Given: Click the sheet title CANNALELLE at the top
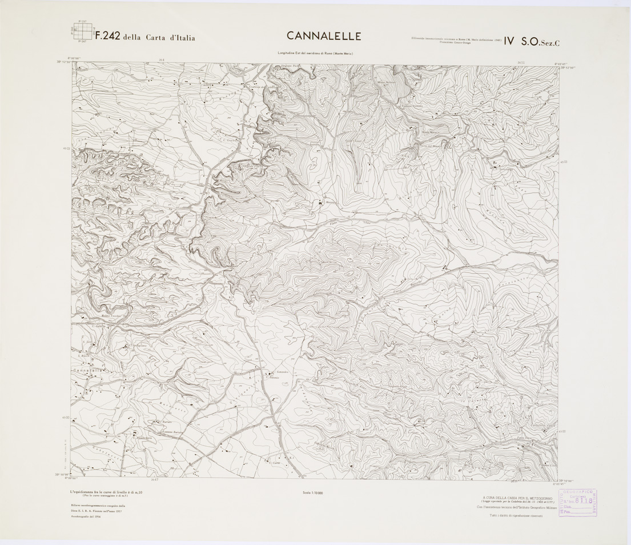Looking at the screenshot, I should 324,36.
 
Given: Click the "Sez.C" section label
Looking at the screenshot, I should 548,41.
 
